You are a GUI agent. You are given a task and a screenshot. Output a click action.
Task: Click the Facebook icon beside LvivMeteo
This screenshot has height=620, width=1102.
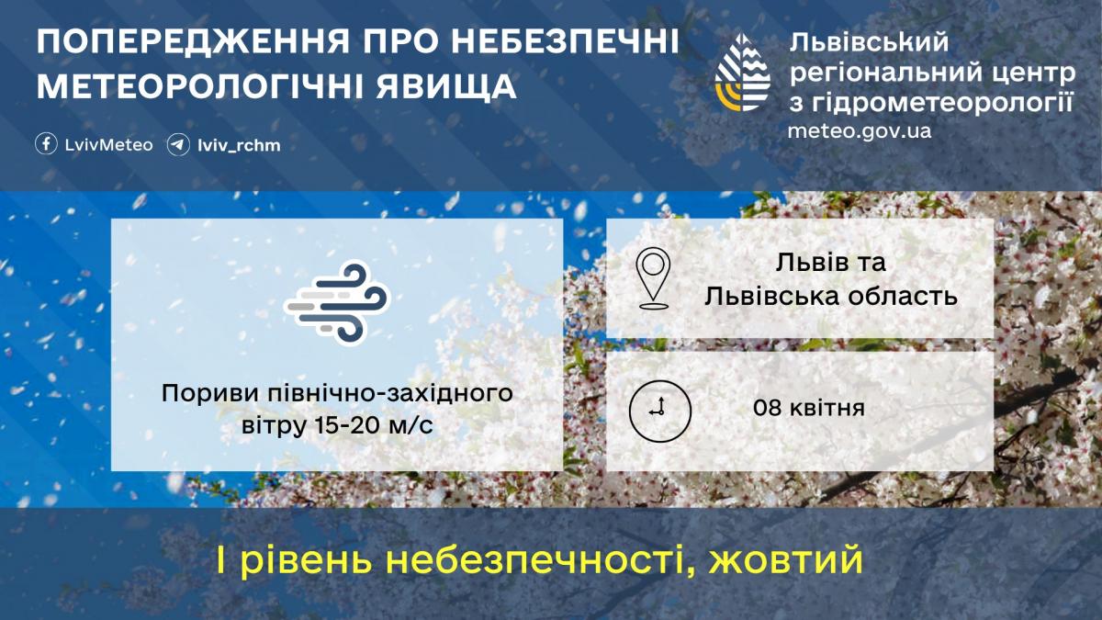pyautogui.click(x=46, y=144)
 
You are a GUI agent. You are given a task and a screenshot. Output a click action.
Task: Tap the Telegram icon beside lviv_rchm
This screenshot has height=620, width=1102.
pyautogui.click(x=178, y=144)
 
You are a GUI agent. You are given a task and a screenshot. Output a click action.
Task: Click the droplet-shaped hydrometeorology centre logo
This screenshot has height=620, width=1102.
pyautogui.click(x=743, y=73)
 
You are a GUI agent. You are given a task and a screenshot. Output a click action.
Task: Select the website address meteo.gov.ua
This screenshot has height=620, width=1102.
pyautogui.click(x=859, y=130)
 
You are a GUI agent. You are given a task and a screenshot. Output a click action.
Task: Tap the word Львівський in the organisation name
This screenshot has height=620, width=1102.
pyautogui.click(x=868, y=42)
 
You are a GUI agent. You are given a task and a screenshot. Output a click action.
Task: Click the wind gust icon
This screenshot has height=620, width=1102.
pyautogui.click(x=337, y=303)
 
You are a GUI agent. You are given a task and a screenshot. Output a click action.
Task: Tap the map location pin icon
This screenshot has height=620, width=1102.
pyautogui.click(x=653, y=276)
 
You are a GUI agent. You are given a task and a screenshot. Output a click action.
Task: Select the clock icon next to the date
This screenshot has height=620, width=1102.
pyautogui.click(x=659, y=408)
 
